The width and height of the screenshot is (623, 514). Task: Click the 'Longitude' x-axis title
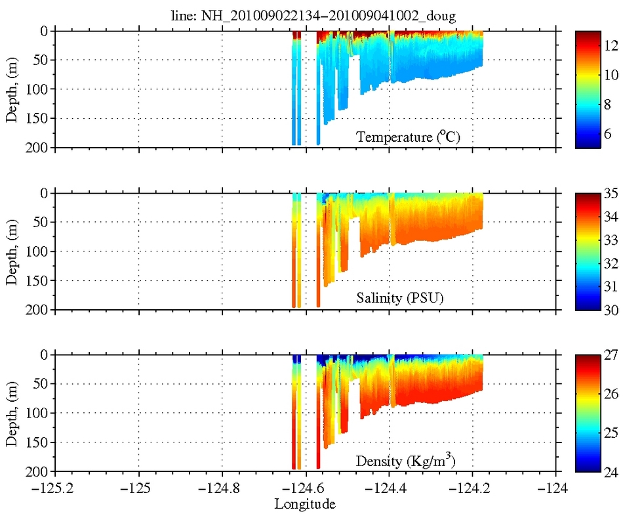(305, 504)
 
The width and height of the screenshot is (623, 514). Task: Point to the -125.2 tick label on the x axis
(54, 489)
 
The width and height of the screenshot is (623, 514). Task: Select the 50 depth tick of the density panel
(41, 384)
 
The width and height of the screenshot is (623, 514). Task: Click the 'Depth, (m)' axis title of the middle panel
(12, 251)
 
